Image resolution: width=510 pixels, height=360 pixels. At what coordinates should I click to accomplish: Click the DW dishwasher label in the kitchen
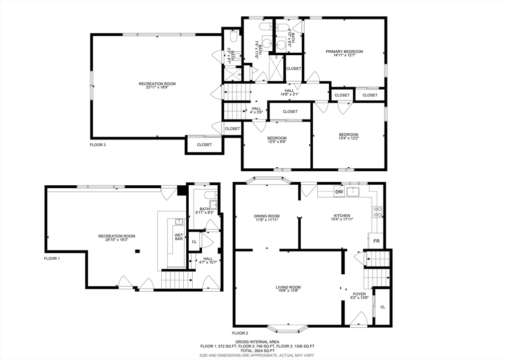[x=339, y=192]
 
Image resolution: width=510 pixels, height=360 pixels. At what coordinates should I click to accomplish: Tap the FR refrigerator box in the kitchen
[x=376, y=241]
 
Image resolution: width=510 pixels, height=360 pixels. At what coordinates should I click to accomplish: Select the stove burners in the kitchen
[x=378, y=212]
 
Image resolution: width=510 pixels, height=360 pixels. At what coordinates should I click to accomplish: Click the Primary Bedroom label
[x=345, y=51]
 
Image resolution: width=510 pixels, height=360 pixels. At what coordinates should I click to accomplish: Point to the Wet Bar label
[x=179, y=237]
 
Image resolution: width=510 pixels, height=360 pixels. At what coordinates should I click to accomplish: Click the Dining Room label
[x=267, y=216]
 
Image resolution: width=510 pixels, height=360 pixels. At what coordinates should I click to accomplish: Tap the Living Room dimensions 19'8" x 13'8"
[x=288, y=291]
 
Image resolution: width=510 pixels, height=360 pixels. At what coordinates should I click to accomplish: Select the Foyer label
[x=359, y=294]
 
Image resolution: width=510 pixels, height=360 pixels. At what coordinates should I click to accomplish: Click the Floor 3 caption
[x=98, y=145]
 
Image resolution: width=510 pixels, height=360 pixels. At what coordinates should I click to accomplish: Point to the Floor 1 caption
[x=52, y=258]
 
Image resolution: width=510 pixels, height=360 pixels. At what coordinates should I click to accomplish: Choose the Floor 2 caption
[x=240, y=333]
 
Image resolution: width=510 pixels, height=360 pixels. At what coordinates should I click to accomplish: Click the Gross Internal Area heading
[x=257, y=342]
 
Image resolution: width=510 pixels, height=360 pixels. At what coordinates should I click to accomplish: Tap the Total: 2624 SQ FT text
[x=257, y=351]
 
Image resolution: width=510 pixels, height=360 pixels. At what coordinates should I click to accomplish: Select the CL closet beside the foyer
[x=383, y=307]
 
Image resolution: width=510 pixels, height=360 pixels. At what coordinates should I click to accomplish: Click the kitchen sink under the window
[x=353, y=192]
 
